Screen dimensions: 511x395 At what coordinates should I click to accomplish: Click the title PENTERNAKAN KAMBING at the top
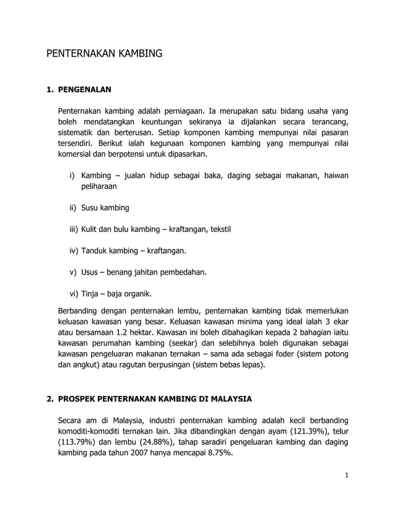click(105, 54)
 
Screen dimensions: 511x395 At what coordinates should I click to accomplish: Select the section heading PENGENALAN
click(84, 90)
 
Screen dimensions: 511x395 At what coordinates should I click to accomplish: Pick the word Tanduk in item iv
click(95, 251)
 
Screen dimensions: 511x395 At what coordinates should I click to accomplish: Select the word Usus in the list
click(91, 272)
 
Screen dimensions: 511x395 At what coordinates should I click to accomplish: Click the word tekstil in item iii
click(217, 229)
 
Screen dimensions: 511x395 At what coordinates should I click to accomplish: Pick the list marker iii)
click(74, 229)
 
